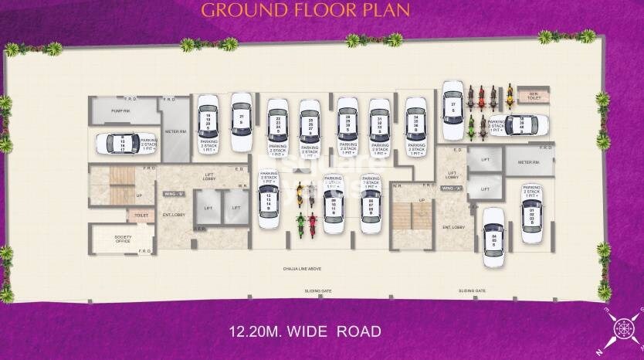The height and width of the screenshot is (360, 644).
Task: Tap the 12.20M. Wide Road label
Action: coord(305,332)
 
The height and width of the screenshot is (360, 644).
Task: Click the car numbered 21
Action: coord(242,122)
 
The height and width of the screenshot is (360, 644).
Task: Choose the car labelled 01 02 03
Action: coord(531,212)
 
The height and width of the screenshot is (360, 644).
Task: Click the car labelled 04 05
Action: coord(494,236)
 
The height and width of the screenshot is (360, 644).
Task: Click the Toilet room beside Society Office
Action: coord(141,216)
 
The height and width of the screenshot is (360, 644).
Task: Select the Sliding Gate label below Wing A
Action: coord(471,291)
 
